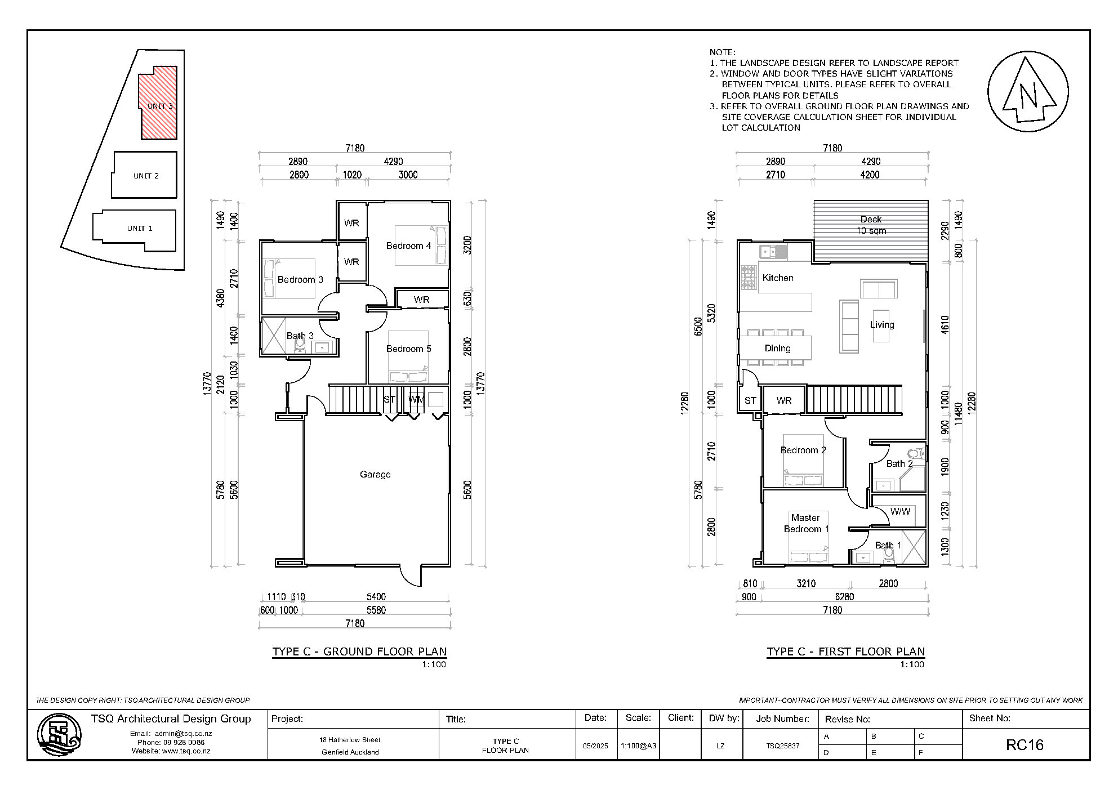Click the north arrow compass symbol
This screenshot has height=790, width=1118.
[x=1028, y=92]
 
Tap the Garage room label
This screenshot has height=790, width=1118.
[x=375, y=475]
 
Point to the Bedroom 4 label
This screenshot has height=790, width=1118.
[x=408, y=246]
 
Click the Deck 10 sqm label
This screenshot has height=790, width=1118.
[x=871, y=225]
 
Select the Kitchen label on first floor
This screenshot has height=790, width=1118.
[x=778, y=278]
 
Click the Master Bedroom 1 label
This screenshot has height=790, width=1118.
[x=806, y=524]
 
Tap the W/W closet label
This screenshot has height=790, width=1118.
[x=900, y=512]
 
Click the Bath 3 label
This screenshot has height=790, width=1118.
[x=300, y=336]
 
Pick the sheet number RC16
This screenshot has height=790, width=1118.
[x=1025, y=745]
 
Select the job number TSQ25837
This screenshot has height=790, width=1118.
[x=782, y=746]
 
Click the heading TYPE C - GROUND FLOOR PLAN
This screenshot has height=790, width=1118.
[x=359, y=652]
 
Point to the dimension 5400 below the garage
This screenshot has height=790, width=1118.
[x=376, y=597]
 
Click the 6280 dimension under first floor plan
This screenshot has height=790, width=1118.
[x=844, y=597]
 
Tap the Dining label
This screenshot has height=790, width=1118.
[x=777, y=349]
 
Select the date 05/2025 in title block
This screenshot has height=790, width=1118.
[x=595, y=746]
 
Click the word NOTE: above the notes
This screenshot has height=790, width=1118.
[x=722, y=52]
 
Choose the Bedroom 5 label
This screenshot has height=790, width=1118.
[x=408, y=349]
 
